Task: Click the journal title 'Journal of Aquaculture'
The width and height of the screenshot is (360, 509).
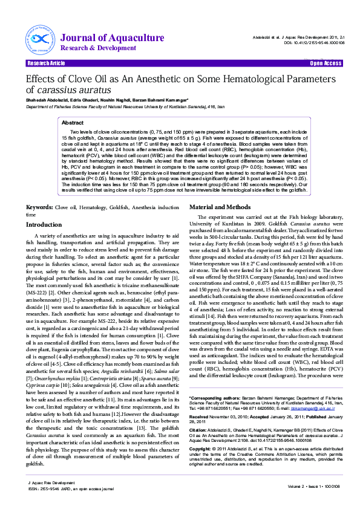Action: point(103,38)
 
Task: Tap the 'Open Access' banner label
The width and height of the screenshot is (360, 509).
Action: point(326,63)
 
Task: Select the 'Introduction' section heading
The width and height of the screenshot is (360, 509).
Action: point(44,224)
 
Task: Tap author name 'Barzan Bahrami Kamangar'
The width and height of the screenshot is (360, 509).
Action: point(163,100)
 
